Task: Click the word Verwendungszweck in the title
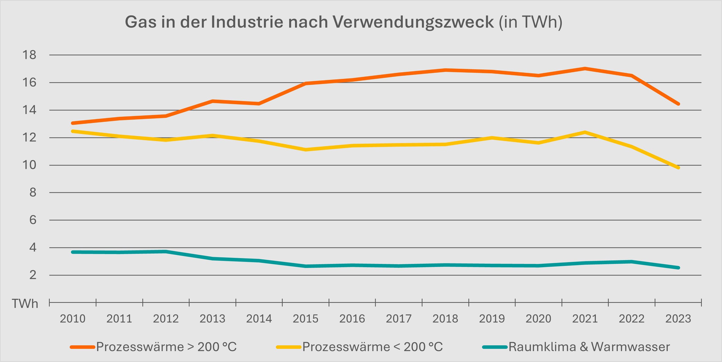pos(413,22)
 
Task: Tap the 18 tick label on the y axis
pos(29,55)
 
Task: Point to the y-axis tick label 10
pos(29,165)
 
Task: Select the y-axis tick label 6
pos(33,220)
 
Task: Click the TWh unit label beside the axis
pos(25,304)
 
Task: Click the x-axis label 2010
pos(73,319)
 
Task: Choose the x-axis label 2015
pos(305,319)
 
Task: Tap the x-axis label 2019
pos(492,319)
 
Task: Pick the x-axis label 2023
pos(678,319)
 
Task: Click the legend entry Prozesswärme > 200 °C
pos(167,347)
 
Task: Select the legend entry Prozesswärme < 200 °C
pos(373,347)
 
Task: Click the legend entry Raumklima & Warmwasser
pos(589,347)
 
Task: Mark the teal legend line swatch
pos(495,347)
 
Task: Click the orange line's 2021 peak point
pos(585,68)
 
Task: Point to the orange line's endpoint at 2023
pos(678,104)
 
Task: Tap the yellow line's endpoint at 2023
pos(678,168)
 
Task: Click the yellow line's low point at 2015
pos(305,150)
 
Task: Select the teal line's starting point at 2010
pos(73,252)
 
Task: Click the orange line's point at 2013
pos(213,101)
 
